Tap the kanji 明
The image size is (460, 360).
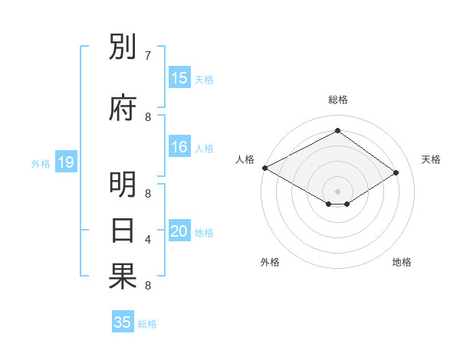click(123, 185)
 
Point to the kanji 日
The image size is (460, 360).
click(123, 231)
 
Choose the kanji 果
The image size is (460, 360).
click(123, 277)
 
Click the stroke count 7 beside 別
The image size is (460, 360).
click(148, 56)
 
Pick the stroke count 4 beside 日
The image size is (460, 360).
click(148, 240)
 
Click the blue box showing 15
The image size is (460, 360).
click(179, 78)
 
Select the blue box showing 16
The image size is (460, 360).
click(179, 148)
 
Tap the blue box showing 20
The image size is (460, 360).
click(179, 232)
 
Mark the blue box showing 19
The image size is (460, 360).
click(65, 162)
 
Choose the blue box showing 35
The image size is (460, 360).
click(123, 322)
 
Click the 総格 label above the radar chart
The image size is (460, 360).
click(337, 100)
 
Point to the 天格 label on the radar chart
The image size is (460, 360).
click(432, 159)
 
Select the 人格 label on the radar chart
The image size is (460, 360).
click(245, 159)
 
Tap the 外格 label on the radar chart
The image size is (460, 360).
click(270, 262)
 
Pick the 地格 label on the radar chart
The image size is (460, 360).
click(402, 262)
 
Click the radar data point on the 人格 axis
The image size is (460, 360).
click(264, 168)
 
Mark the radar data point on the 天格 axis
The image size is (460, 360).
click(396, 172)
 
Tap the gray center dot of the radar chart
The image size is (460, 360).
click(337, 191)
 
